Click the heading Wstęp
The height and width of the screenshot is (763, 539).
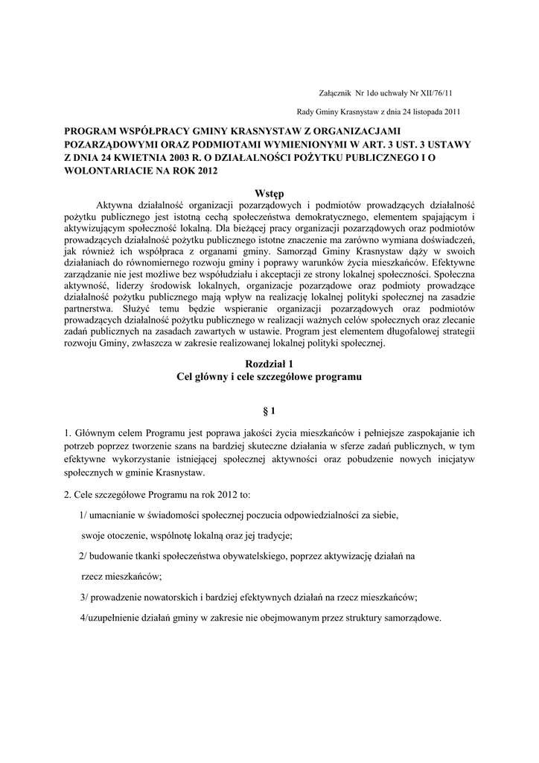point(269,194)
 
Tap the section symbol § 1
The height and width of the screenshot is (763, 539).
point(269,411)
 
